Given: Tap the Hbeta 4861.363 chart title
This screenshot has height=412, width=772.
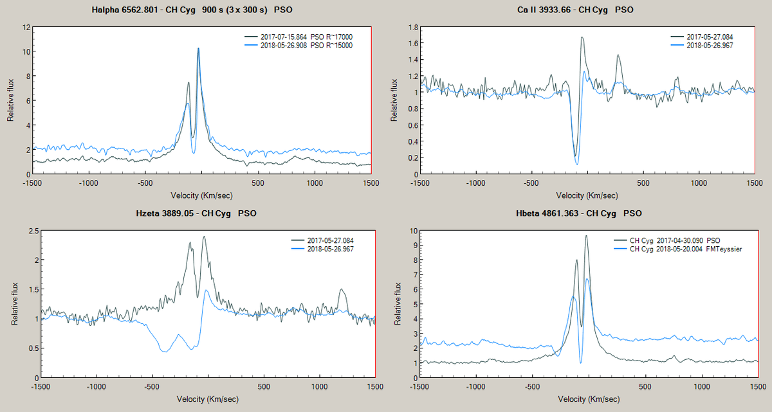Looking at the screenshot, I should (x=579, y=213).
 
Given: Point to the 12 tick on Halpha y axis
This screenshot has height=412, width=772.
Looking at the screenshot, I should (x=26, y=28).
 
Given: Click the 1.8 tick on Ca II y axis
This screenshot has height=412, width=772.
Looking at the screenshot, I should (x=411, y=28).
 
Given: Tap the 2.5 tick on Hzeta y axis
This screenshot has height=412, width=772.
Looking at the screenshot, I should (x=26, y=231).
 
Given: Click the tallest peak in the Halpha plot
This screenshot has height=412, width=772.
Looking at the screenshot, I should (x=198, y=48).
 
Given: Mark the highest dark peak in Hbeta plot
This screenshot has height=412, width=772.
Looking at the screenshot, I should (x=586, y=236).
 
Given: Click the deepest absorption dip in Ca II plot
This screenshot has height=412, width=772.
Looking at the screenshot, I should (x=576, y=163).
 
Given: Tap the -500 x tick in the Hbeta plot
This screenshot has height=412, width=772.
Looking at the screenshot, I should (x=531, y=388).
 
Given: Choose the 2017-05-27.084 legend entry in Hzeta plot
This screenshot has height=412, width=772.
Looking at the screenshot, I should (x=331, y=240).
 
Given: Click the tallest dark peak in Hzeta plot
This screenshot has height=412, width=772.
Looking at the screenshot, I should (x=204, y=237).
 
